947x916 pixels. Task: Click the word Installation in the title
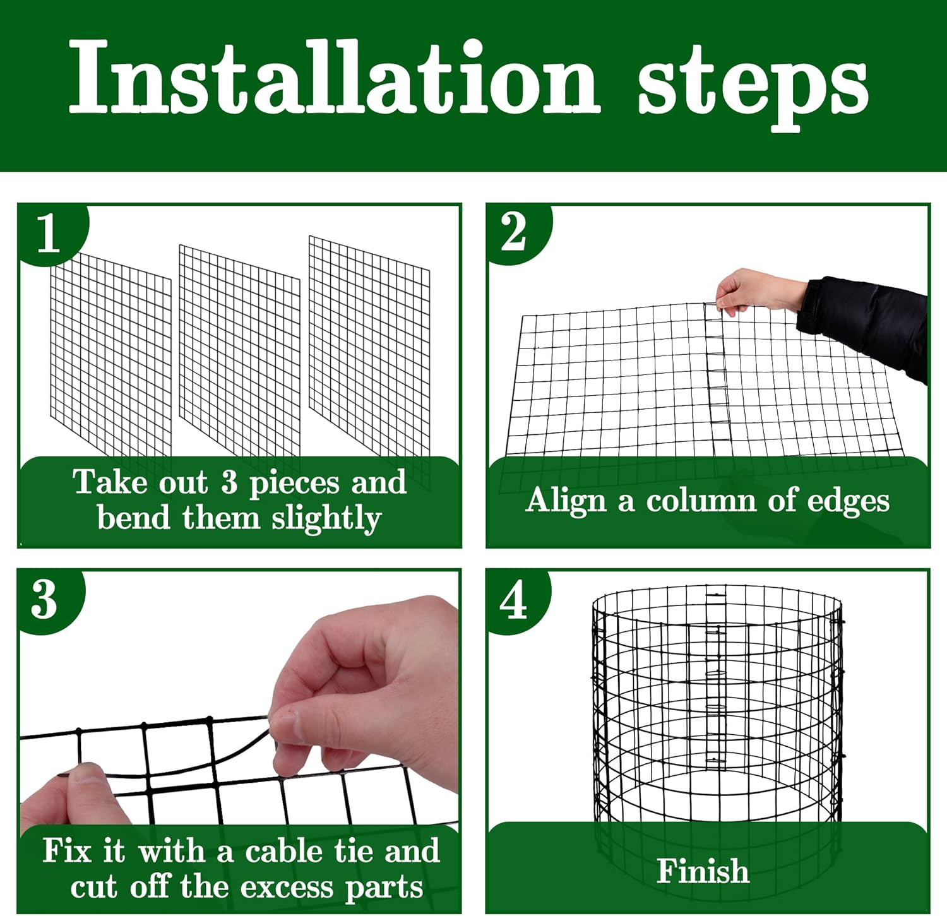click(335, 79)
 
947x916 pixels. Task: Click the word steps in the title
click(753, 85)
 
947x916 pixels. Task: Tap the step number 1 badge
click(49, 233)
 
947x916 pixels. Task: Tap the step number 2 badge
click(513, 232)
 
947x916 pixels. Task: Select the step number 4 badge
click(513, 600)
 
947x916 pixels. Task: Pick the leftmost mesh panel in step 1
click(110, 357)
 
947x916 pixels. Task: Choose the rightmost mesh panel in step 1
click(369, 344)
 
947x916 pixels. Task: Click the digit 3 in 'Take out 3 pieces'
click(229, 483)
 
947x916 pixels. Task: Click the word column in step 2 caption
click(700, 501)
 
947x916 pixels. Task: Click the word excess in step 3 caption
click(287, 888)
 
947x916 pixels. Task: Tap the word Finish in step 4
click(703, 871)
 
